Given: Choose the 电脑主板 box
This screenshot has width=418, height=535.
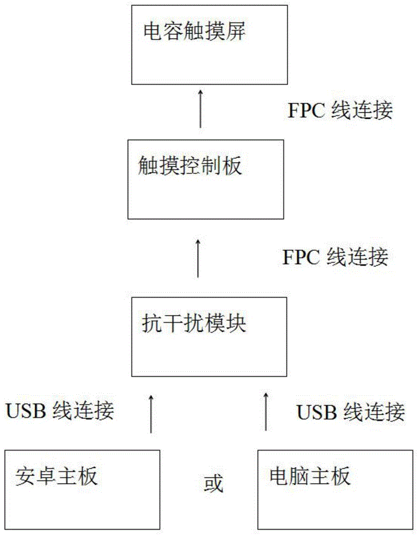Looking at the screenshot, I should point(335,490).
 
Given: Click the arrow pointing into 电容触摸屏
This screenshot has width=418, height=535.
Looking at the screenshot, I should point(201,110).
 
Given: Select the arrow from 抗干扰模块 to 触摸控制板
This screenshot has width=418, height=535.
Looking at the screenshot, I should point(198,259).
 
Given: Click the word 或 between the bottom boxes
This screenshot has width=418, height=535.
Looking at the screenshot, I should point(213,484).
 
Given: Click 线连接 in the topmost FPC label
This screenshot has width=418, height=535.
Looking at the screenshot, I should point(362,110).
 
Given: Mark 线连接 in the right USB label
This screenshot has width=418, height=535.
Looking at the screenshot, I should point(375,412).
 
